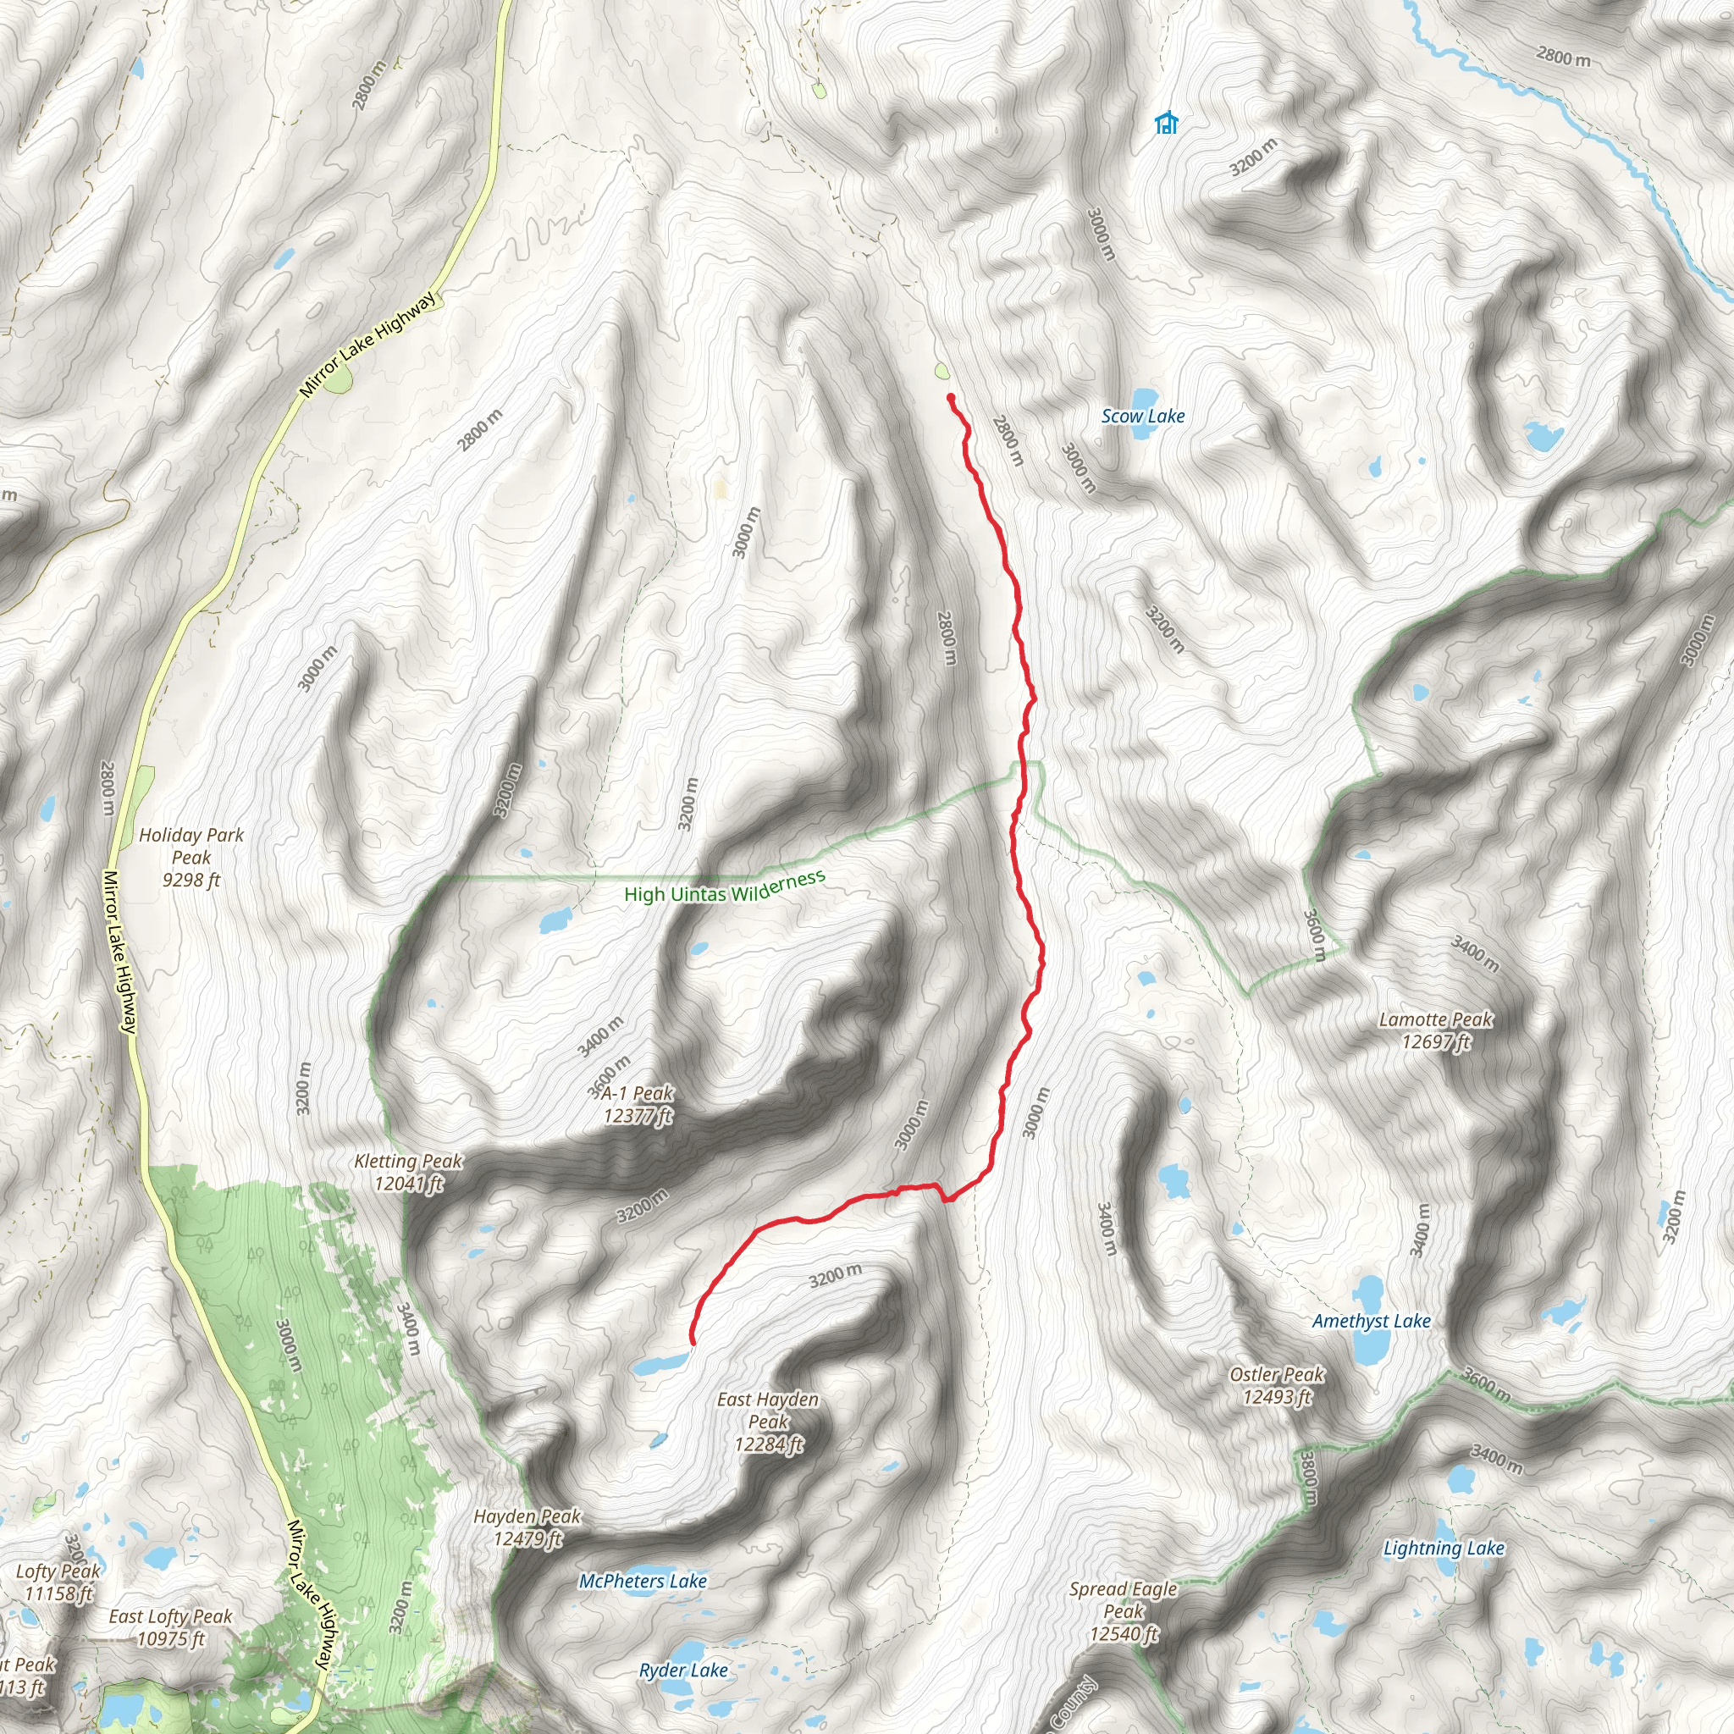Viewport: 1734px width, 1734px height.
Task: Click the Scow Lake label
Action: coord(1142,417)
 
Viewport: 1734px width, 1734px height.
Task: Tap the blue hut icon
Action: coord(1166,122)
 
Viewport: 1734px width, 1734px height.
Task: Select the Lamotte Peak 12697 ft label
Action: coord(1435,1030)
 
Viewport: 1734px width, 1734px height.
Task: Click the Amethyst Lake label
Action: coord(1371,1321)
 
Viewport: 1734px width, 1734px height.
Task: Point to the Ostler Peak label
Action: coord(1276,1386)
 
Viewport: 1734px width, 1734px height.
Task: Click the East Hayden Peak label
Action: coord(768,1422)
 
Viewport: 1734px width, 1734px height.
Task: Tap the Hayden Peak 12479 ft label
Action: coord(527,1527)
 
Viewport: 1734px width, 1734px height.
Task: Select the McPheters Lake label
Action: coord(643,1582)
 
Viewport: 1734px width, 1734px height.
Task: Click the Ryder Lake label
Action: coord(683,1670)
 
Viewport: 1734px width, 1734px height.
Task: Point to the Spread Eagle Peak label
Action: coord(1123,1611)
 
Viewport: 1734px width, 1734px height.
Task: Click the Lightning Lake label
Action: coord(1444,1549)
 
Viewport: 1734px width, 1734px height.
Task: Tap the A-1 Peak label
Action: coord(638,1104)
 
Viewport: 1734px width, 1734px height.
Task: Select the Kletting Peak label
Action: coord(408,1172)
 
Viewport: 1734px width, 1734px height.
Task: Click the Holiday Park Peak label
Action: coord(191,857)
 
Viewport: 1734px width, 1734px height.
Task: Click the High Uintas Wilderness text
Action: coord(724,887)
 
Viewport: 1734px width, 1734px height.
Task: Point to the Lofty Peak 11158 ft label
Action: coord(58,1582)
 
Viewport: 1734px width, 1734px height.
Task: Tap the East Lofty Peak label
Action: coord(170,1627)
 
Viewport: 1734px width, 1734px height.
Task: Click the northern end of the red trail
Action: coord(951,397)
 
